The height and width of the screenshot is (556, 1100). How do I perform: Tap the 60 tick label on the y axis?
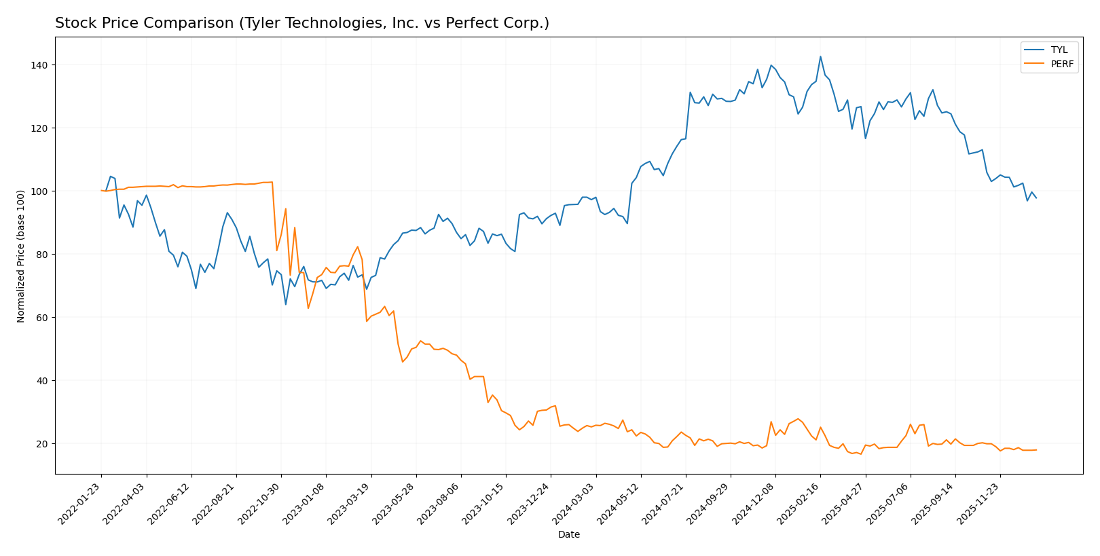41,318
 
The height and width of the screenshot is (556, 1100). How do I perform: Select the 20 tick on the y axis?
41,444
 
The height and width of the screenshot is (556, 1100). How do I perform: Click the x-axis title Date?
568,535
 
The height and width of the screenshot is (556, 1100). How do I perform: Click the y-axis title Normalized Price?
21,256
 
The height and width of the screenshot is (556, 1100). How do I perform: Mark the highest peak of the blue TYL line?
820,56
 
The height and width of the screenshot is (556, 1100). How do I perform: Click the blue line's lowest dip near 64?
285,304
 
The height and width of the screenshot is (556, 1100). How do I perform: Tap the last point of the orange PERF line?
1036,449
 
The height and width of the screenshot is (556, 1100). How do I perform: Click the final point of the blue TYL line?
1036,198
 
